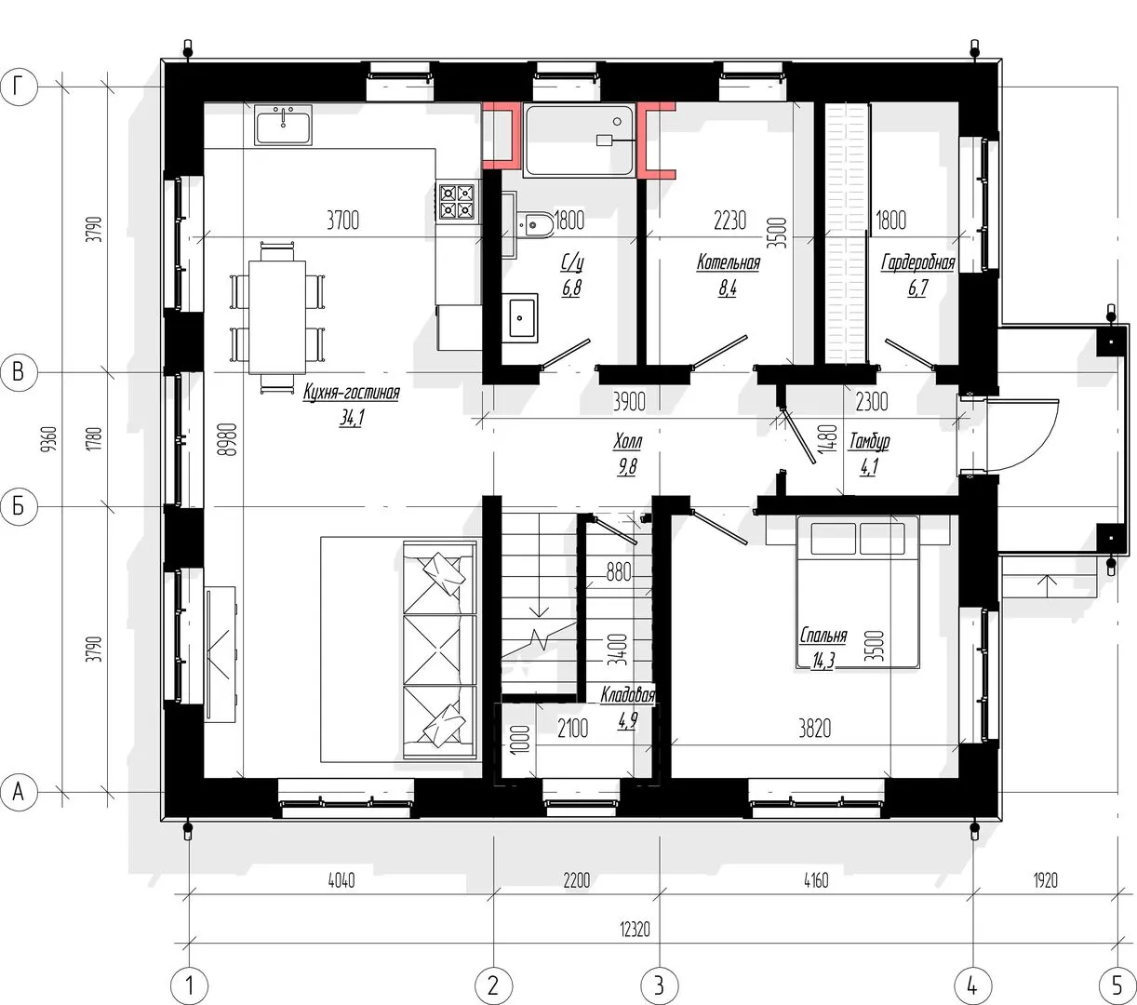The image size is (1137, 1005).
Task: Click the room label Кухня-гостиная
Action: click(x=352, y=392)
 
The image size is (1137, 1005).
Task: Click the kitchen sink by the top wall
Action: click(x=284, y=125)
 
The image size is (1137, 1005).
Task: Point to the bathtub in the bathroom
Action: click(x=580, y=141)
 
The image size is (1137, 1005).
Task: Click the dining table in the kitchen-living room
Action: click(x=277, y=316)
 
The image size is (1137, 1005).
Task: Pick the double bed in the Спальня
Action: click(x=858, y=592)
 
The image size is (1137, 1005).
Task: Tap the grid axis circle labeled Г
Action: click(x=19, y=87)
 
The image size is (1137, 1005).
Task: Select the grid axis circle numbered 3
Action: click(x=660, y=985)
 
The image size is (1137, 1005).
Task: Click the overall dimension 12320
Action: click(x=635, y=930)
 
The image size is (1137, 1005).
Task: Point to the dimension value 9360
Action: click(x=49, y=439)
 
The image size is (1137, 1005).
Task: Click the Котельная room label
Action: click(x=729, y=262)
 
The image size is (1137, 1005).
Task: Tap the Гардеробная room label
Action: click(x=918, y=262)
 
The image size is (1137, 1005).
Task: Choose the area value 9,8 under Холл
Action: click(x=627, y=466)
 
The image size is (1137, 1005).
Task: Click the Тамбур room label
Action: click(x=869, y=441)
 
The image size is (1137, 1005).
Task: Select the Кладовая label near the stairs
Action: click(x=627, y=695)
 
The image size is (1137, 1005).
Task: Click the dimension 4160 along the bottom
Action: click(x=815, y=880)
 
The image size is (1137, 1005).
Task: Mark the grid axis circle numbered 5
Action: click(x=1117, y=985)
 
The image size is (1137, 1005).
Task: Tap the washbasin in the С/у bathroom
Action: click(x=520, y=317)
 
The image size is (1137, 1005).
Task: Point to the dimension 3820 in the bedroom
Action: click(x=814, y=729)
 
